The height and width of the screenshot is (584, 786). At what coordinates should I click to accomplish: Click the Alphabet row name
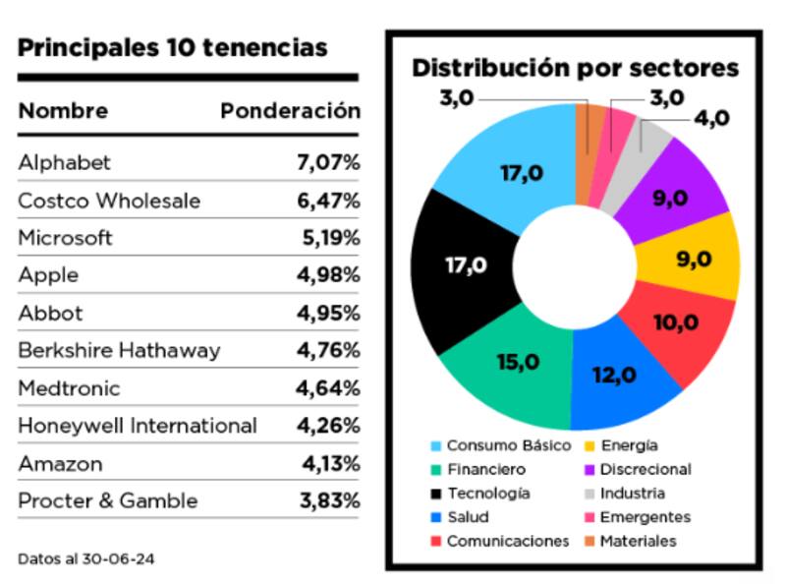pos(65,163)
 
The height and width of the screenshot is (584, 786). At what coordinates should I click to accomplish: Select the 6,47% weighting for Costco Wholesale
pos(328,202)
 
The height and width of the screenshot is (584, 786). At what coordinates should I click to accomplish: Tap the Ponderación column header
pos(290,111)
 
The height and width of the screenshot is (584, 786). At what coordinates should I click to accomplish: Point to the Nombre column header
pos(63,111)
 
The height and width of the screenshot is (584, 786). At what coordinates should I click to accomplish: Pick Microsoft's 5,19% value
pos(331,239)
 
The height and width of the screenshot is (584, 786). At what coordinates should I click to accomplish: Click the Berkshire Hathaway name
pos(119,351)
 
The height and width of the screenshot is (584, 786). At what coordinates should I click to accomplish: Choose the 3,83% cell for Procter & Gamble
pos(328,500)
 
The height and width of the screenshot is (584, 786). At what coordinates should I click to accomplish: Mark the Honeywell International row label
pos(138,426)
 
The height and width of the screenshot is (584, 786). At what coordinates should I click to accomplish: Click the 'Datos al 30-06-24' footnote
pos(86,558)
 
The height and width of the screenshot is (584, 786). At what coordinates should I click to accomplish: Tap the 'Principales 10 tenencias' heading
pos(173,47)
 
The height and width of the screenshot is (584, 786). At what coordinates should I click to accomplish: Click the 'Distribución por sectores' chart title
pos(575,68)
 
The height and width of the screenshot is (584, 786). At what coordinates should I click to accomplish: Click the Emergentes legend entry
pos(644,517)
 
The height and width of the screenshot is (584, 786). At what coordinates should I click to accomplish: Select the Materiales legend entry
pos(637,541)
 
